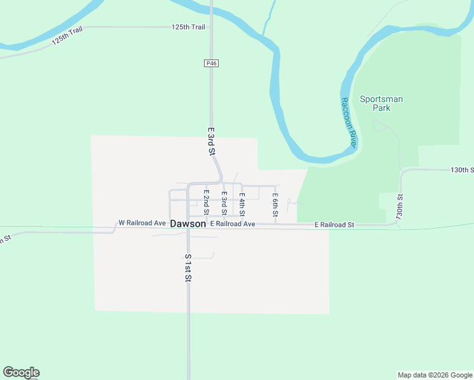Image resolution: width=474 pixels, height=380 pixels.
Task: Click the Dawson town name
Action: (188, 224)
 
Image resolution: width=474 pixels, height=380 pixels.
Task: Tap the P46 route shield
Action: (211, 63)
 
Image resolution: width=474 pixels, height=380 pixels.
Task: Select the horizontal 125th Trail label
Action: (188, 27)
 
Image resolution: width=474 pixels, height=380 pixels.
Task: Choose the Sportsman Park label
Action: (381, 103)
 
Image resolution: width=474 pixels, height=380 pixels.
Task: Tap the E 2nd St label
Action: (206, 202)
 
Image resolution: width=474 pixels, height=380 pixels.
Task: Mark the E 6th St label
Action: (276, 205)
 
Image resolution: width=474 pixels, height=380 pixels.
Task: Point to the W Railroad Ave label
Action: (142, 224)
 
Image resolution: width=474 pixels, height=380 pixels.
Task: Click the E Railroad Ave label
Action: (233, 224)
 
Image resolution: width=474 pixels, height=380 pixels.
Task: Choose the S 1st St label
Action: (188, 267)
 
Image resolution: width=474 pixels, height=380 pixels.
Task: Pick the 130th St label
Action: (462, 170)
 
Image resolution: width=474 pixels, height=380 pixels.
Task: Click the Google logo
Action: (21, 372)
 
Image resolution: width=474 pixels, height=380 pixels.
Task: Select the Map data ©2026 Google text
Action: (435, 375)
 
